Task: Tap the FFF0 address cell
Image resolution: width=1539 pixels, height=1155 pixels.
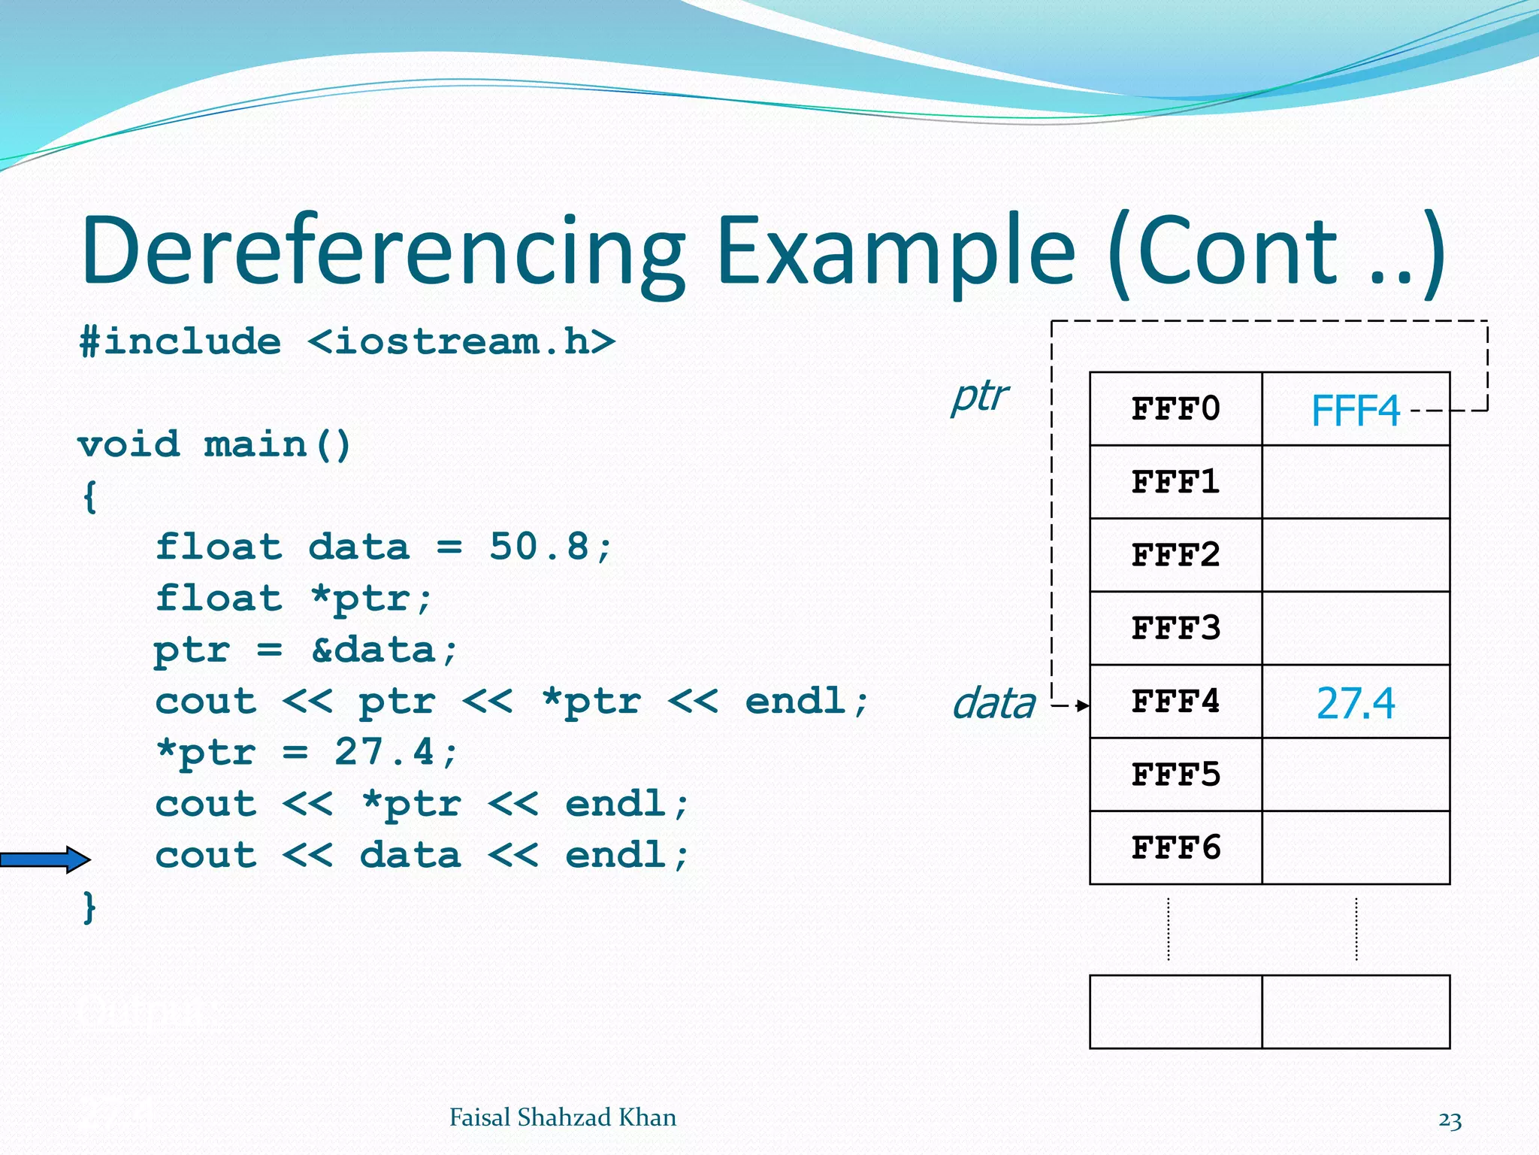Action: [1175, 409]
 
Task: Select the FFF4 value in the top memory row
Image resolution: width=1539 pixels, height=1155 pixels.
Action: [1355, 411]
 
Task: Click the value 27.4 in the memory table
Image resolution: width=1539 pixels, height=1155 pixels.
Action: [1355, 704]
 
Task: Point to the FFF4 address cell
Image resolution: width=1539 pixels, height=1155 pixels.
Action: [1175, 702]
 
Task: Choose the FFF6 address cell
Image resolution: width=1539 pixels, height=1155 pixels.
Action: [1175, 848]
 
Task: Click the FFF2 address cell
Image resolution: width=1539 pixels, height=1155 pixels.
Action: [1175, 556]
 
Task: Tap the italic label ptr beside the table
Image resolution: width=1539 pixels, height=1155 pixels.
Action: [979, 396]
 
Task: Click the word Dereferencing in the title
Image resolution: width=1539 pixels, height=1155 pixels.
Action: [383, 252]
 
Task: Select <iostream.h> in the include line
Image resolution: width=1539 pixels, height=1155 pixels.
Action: [461, 342]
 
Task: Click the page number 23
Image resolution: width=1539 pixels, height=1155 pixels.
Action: [1450, 1120]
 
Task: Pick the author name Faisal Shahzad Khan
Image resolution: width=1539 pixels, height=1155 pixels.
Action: [562, 1117]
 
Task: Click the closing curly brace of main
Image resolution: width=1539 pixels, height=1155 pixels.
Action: [89, 907]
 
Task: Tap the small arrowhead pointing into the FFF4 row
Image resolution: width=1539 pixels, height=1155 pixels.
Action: [1082, 705]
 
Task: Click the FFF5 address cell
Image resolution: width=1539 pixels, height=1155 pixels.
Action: [1175, 775]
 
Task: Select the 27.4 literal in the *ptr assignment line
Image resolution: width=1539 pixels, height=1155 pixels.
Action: [385, 752]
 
